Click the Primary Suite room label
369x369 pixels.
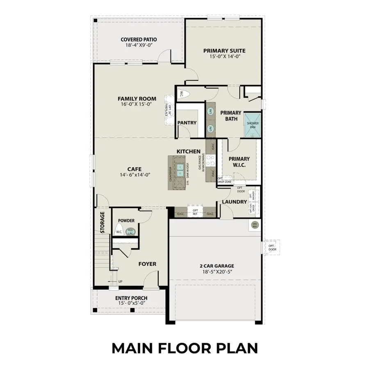[224, 51]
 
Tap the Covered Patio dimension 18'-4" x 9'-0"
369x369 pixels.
[139, 46]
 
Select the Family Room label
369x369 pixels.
[137, 98]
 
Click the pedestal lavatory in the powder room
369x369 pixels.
[130, 231]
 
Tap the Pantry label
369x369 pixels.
[187, 123]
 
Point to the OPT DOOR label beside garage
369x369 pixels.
[272, 247]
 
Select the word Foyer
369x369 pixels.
[147, 264]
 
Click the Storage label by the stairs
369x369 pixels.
[102, 223]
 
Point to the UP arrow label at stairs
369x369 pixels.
[120, 282]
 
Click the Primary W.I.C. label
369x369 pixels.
[239, 162]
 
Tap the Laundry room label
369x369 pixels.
[234, 202]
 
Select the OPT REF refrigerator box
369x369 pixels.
[195, 212]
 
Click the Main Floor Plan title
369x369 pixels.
[184, 348]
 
